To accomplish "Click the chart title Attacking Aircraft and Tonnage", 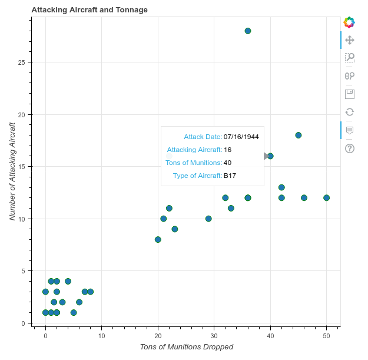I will [89, 10].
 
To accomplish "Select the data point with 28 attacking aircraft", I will [248, 31].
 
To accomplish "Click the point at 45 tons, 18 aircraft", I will [299, 135].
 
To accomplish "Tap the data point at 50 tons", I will [327, 198].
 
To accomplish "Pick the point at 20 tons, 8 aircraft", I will [158, 239].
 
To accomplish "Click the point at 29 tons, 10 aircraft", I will [208, 219].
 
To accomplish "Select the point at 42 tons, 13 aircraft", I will [281, 187].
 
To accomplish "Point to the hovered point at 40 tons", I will [270, 156].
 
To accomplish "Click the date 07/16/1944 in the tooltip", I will [241, 137].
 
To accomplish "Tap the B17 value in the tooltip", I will [230, 176].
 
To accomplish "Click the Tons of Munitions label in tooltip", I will [194, 163].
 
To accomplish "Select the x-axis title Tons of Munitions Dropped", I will [187, 346].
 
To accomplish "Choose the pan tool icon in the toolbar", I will [349, 40].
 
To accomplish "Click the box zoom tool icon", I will [349, 58].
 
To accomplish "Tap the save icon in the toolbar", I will [349, 94].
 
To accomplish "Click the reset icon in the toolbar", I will [349, 112].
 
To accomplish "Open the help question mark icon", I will [349, 148].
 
